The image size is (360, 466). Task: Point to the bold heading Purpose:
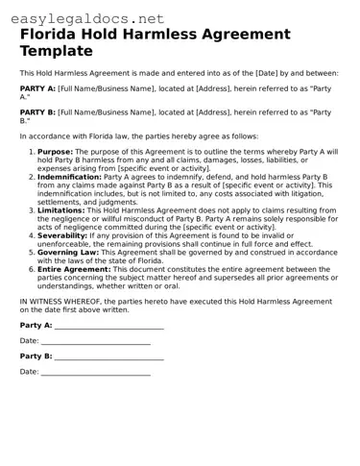click(55, 151)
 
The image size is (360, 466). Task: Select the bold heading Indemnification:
click(69, 177)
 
